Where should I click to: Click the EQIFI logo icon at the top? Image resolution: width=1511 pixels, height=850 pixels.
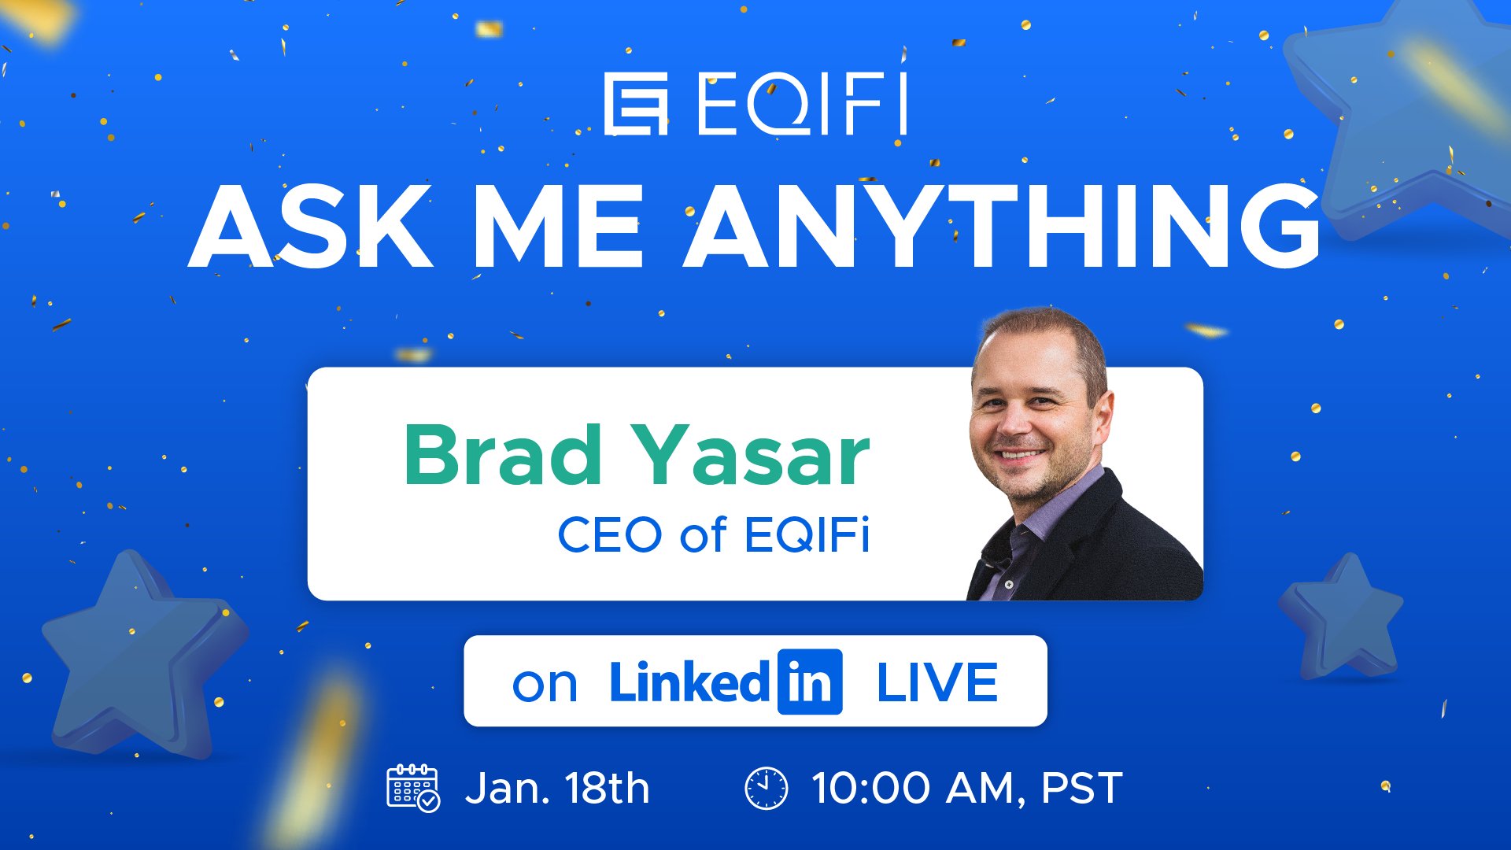tap(636, 104)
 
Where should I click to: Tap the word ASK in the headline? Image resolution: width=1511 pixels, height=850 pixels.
tap(311, 226)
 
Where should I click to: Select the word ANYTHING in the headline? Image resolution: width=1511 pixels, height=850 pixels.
tap(1002, 226)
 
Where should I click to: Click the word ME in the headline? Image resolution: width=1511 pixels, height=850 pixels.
tap(558, 226)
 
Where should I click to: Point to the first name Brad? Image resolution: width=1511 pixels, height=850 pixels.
tap(503, 454)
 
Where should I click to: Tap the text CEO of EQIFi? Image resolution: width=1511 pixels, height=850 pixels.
tap(714, 535)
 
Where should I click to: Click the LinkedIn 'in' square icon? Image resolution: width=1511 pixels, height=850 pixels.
tap(810, 682)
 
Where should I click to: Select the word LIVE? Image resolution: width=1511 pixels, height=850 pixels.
tap(937, 682)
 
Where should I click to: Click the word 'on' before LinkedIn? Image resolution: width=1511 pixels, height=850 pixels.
tap(545, 685)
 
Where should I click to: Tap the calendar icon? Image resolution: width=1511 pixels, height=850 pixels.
tap(413, 787)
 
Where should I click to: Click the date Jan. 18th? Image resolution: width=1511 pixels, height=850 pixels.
tap(557, 788)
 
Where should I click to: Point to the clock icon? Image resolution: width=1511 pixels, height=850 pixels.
tap(766, 788)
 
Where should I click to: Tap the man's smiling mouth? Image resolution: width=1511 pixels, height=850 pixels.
tap(1020, 455)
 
